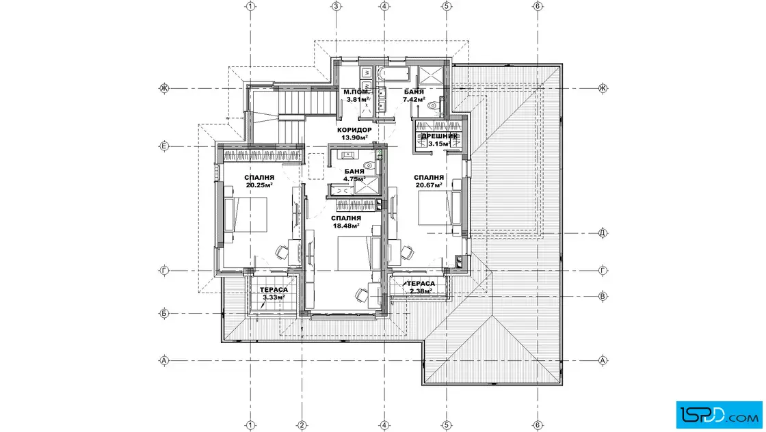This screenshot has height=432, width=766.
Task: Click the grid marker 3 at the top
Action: point(336,6)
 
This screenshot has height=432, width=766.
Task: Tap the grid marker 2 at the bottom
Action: point(302,425)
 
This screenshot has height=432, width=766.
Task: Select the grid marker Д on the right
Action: point(603,233)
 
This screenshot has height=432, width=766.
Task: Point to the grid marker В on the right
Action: point(603,296)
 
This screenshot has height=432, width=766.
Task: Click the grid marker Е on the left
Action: point(164,146)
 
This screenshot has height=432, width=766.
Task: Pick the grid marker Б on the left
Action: point(164,313)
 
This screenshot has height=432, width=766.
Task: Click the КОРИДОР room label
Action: point(354,130)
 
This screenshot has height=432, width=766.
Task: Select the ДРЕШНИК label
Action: point(439,136)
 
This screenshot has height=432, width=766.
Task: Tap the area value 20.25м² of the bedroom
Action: point(259,185)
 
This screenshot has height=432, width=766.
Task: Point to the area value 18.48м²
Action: point(346,226)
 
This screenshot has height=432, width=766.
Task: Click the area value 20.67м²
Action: point(429,185)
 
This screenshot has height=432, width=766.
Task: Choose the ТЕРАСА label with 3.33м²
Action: point(274,290)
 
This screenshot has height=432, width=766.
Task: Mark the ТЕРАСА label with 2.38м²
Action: point(421,284)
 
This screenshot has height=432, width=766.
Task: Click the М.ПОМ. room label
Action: point(356,92)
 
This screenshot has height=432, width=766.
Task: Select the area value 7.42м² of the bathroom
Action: point(414,100)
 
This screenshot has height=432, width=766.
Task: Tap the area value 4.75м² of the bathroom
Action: point(354,179)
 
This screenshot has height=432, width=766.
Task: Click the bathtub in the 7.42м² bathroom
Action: point(394,75)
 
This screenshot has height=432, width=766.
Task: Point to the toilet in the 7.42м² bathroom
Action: point(433,105)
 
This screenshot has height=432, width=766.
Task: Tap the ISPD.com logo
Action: point(719,415)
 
